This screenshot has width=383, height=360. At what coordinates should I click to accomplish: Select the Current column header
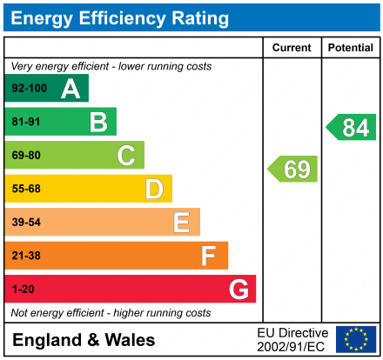point(292,48)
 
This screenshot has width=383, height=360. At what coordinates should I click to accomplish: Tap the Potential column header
point(350,48)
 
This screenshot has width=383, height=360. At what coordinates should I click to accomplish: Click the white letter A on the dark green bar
point(71,89)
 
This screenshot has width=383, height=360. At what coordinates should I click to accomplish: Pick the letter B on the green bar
point(98,123)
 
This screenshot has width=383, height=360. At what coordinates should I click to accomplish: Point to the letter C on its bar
point(126,156)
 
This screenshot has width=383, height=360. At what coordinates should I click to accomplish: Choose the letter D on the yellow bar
point(154,189)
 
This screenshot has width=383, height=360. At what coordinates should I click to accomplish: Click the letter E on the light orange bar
point(181,223)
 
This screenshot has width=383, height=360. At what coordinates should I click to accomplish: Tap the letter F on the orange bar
point(209,256)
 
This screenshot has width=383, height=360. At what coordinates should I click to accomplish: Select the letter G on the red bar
point(238,289)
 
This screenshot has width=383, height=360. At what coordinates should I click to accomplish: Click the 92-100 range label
point(29,89)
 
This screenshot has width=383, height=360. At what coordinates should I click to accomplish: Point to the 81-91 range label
point(26,123)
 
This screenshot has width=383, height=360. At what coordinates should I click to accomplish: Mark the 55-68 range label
point(26,189)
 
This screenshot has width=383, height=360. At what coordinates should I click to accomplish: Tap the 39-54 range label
point(26,223)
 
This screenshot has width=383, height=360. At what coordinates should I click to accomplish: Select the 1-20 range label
point(23,289)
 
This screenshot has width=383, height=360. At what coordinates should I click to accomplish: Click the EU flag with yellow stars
point(355,339)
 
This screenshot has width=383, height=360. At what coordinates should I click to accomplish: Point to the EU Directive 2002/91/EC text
point(292,339)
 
